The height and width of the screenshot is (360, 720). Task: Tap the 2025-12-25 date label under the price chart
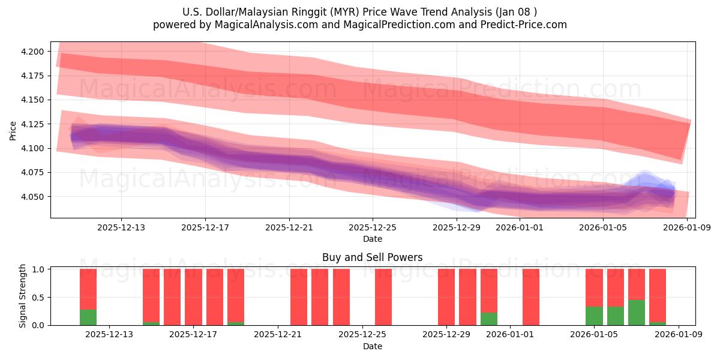[373, 227]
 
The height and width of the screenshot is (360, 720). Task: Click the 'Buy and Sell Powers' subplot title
[372, 257]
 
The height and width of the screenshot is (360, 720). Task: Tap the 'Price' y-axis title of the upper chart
[13, 130]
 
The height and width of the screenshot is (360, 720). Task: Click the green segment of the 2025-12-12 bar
[88, 317]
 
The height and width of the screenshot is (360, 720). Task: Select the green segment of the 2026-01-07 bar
[637, 312]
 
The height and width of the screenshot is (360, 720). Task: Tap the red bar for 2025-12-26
[383, 297]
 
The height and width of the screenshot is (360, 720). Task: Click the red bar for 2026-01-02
[531, 297]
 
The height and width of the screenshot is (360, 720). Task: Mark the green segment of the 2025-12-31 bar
[489, 319]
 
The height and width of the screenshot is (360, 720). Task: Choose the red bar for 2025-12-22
[299, 297]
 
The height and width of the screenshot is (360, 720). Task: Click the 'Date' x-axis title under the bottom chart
[372, 346]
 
